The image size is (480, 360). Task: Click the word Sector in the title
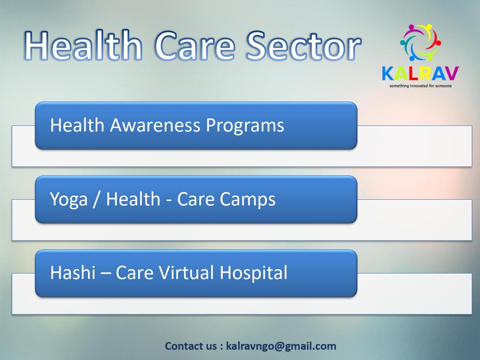(x=304, y=46)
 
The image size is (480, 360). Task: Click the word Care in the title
(x=194, y=46)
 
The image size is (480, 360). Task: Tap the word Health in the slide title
(x=83, y=45)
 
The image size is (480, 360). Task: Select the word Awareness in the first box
(x=155, y=125)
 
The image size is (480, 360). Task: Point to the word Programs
(x=245, y=126)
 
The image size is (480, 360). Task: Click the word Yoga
(x=69, y=200)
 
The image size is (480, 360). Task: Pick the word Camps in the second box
(x=248, y=200)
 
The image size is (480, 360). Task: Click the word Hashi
(x=73, y=273)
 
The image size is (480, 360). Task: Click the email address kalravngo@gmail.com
(x=281, y=346)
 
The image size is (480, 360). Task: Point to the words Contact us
(x=191, y=346)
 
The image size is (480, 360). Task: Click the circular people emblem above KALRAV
(x=420, y=42)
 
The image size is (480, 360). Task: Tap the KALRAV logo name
(x=420, y=74)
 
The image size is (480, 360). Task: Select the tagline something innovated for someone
(x=420, y=86)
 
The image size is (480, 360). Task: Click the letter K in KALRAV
(x=388, y=74)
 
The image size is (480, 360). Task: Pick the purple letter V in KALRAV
(x=451, y=74)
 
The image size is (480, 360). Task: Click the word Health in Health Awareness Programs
(x=77, y=125)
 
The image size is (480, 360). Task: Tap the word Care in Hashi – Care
(x=134, y=273)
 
